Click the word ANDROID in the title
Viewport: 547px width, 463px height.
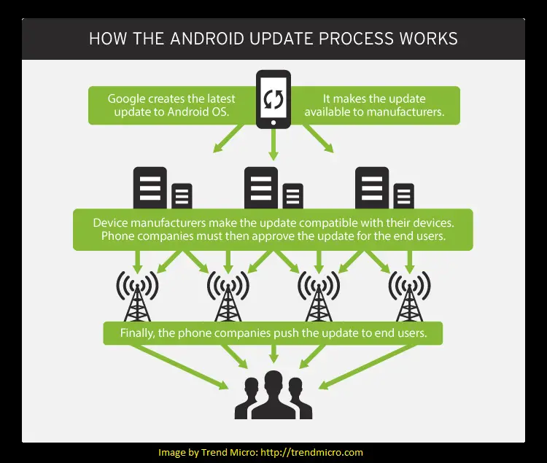(207, 39)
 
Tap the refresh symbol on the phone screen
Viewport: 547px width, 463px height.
(273, 99)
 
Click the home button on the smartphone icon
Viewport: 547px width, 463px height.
(273, 122)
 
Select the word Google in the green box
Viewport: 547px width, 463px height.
(126, 99)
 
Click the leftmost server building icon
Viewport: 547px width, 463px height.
(163, 187)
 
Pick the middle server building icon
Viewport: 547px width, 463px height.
(273, 187)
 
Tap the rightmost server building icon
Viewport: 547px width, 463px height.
(384, 187)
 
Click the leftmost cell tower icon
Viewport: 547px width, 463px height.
(137, 296)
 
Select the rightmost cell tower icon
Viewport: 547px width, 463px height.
(410, 296)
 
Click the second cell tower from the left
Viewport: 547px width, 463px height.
(228, 296)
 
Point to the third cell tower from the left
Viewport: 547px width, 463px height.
(319, 296)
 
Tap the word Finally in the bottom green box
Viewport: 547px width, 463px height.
(136, 333)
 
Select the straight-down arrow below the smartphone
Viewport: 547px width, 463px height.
(273, 144)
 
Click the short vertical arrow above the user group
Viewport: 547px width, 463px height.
(273, 354)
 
